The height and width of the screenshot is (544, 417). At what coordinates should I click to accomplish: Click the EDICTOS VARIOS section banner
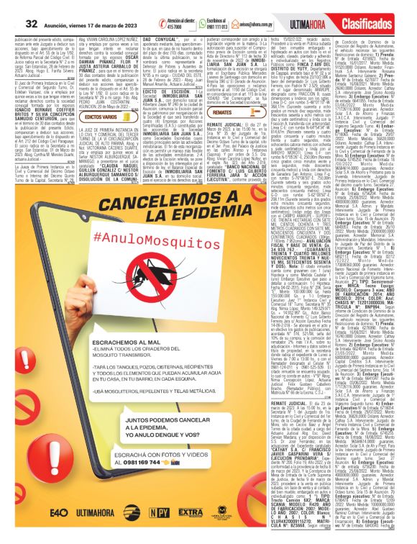pos(99,117)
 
